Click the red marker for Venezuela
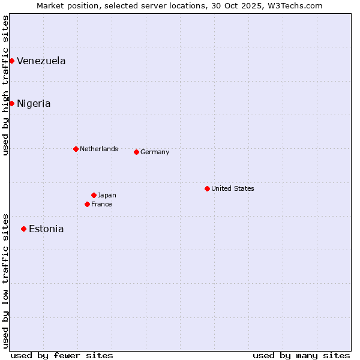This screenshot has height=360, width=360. click(11, 61)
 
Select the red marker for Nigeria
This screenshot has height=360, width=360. click(11, 103)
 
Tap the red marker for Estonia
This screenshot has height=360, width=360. click(23, 229)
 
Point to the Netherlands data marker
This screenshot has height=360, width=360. click(76, 149)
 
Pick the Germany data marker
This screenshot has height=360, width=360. click(136, 152)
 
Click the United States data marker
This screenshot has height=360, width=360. click(207, 188)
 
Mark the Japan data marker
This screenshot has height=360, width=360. click(94, 195)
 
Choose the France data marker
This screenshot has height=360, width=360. click(87, 204)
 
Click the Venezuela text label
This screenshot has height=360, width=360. click(41, 61)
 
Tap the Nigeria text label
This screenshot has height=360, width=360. click(34, 103)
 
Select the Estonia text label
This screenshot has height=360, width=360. click(46, 229)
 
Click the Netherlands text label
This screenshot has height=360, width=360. click(99, 149)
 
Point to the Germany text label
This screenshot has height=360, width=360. click(155, 152)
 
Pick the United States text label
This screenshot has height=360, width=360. click(233, 188)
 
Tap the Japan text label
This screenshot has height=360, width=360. click(107, 195)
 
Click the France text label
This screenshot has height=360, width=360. click(101, 204)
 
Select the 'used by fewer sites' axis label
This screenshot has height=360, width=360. click(62, 355)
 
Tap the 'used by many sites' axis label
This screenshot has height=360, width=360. click(301, 355)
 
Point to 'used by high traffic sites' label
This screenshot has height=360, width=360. click(5, 85)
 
